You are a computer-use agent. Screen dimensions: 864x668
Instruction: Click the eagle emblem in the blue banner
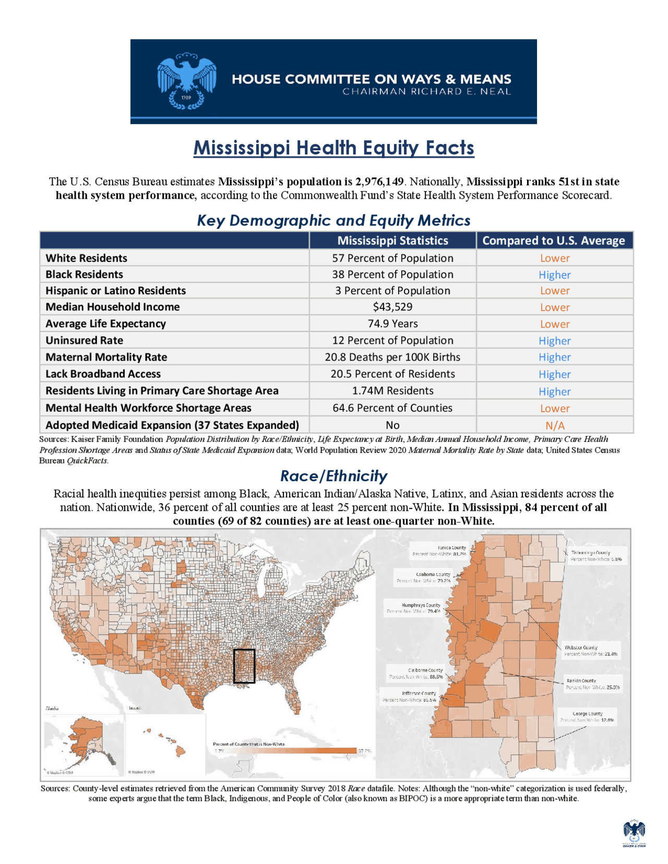pos(187,81)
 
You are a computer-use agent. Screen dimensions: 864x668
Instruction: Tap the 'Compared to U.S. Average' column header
pos(554,241)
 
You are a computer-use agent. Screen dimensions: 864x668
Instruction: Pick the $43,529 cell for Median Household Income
pos(392,307)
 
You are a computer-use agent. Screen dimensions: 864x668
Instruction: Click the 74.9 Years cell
pos(392,323)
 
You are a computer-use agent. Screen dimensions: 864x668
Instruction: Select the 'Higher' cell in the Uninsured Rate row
pos(554,341)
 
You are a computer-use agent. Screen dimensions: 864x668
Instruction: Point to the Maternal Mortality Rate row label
pos(106,357)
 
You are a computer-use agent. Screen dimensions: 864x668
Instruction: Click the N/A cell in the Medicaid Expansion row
pos(554,425)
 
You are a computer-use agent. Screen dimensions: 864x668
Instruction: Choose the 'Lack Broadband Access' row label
pos(103,374)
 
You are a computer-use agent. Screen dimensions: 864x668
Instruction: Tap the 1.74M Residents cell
pos(392,391)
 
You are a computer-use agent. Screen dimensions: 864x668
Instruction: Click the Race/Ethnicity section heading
pos(333,476)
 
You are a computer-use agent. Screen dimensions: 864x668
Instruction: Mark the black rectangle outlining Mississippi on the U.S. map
pos(244,666)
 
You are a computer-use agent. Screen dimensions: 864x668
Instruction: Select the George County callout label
pos(587,716)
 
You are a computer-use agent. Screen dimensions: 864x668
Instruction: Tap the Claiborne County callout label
pos(416,673)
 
